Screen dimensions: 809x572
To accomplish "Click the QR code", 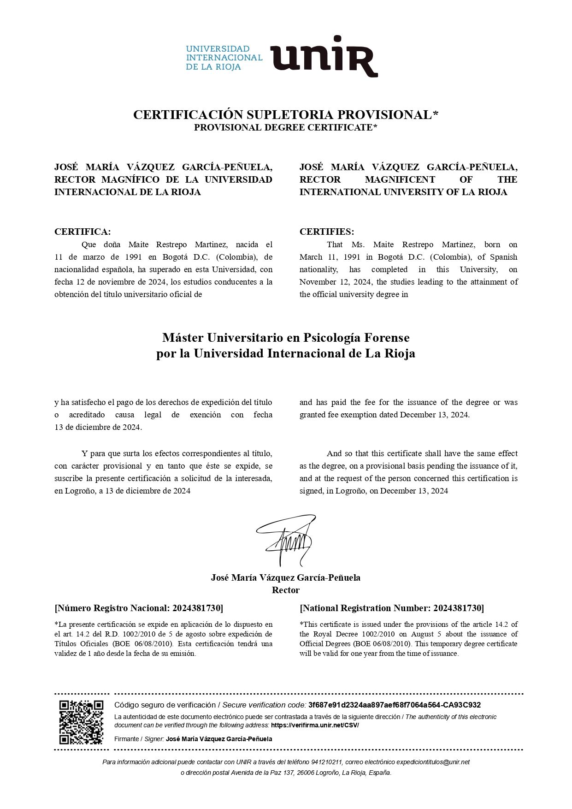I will pos(81,722).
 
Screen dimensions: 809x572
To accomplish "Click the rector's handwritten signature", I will pos(286,540).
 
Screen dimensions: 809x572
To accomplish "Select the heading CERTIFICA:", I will pos(83,232).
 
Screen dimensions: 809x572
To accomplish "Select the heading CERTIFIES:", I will pos(327,232).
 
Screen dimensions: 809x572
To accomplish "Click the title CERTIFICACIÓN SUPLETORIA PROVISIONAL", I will pos(283,115).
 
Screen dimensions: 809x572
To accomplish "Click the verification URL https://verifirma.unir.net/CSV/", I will pos(315,725).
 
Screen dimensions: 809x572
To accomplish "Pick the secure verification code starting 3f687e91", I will pos(394,705).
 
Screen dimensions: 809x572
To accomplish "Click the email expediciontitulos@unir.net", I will pos(433,762).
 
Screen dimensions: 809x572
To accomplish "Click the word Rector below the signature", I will pos(286,590).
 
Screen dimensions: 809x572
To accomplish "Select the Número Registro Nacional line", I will pos(139,608).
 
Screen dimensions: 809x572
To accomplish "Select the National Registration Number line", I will pos(392,608).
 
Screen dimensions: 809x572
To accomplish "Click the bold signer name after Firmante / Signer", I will pos(219,739).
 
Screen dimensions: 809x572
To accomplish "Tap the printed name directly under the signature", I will pos(286,577).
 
